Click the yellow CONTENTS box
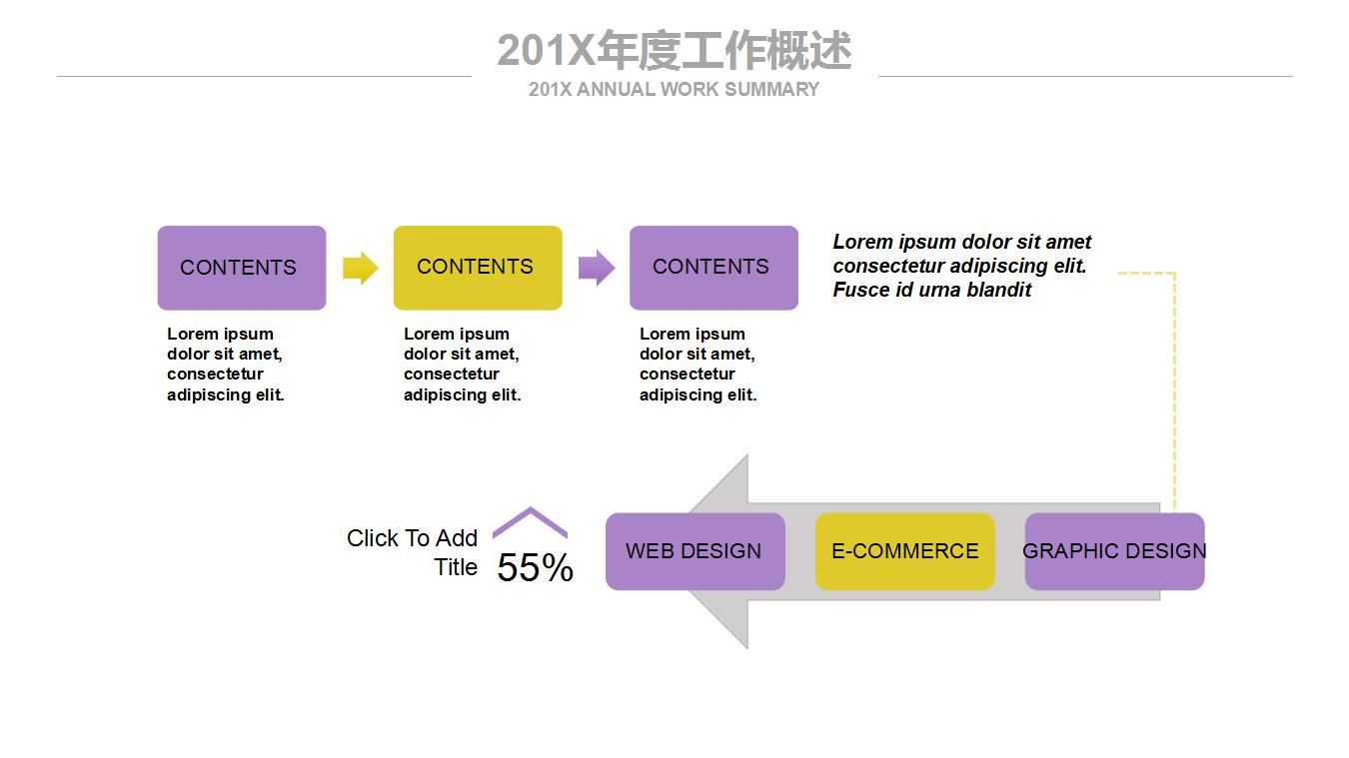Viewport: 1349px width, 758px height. tap(478, 268)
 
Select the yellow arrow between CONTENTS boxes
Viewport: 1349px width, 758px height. tap(360, 268)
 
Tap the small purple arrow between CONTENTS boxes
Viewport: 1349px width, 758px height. tap(597, 268)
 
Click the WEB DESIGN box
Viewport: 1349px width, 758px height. tap(694, 551)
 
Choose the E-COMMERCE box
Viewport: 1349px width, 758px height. tap(904, 551)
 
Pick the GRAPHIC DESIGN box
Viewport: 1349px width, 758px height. tap(1114, 551)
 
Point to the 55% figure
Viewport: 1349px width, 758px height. tap(535, 568)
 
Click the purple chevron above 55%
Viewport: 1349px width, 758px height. tap(531, 519)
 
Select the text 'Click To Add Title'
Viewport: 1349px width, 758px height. tap(412, 552)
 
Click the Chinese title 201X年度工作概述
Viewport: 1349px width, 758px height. tap(674, 51)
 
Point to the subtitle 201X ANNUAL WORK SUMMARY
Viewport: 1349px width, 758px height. tap(674, 90)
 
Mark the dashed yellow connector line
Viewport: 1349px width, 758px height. tap(1174, 389)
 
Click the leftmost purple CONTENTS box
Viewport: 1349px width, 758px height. tap(242, 268)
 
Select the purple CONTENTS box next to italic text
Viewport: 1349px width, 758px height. tap(713, 268)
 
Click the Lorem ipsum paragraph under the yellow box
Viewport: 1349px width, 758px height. tap(462, 365)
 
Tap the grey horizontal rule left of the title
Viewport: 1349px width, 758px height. tap(264, 76)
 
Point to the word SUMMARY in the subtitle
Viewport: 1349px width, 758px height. tap(771, 90)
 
